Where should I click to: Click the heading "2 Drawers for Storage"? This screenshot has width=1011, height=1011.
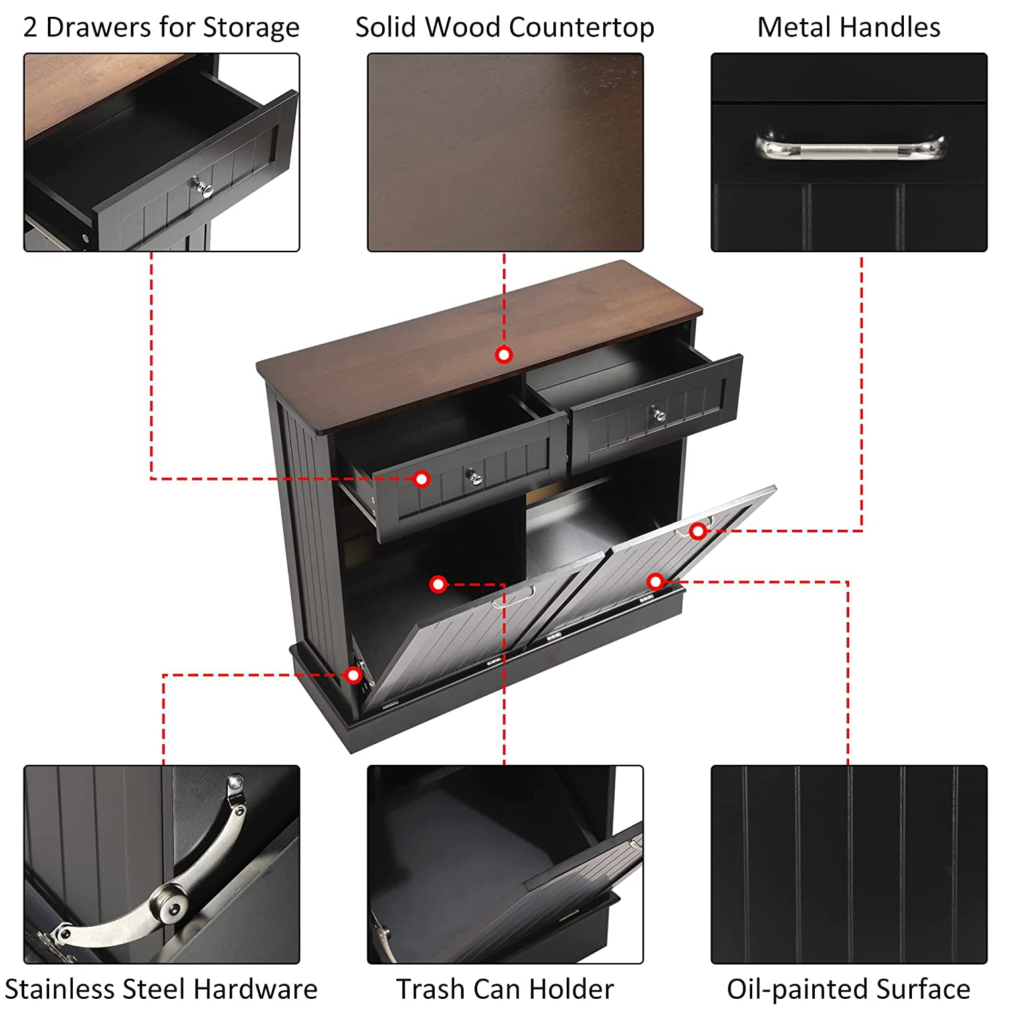point(161,28)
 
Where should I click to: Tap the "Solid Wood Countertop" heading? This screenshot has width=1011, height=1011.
point(505,28)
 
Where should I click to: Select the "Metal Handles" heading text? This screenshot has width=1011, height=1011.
point(849,28)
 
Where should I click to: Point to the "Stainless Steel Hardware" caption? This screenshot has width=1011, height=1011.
point(161,989)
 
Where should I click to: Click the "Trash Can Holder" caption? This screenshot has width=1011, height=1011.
point(505,989)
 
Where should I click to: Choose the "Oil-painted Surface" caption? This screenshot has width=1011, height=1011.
point(849,989)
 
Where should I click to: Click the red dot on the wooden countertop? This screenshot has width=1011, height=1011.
point(503,355)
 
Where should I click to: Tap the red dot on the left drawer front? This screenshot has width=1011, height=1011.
point(421,479)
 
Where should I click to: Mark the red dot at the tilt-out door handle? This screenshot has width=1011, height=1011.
point(698,531)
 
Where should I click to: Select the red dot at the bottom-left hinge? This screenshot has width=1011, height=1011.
point(353,675)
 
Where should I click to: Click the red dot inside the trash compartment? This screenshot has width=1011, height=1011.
point(438,584)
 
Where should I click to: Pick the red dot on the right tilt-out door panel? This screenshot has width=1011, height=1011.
point(655,581)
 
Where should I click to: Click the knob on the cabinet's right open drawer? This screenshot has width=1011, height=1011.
point(658,415)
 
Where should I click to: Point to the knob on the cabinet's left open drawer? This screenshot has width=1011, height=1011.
point(476,478)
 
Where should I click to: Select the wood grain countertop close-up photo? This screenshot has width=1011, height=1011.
point(506,152)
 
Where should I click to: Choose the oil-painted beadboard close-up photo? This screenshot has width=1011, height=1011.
point(849,865)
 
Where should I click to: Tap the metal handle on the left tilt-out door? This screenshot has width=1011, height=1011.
point(514,596)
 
